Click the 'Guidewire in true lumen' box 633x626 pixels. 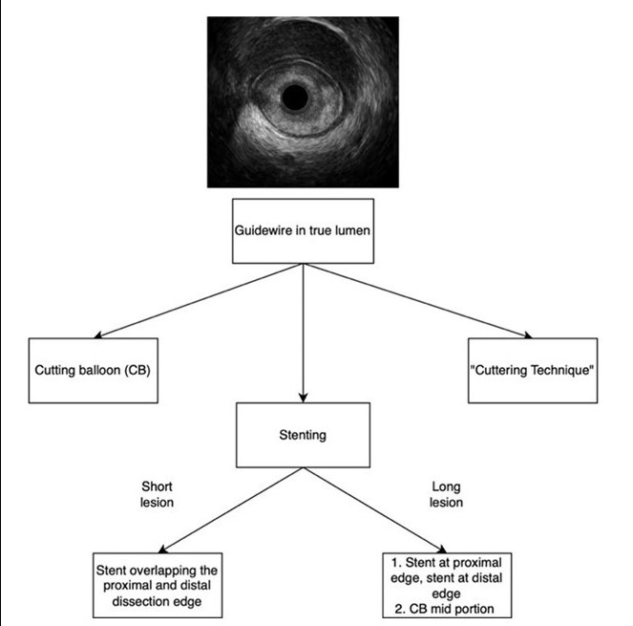tap(303, 230)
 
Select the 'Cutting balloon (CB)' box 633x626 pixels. tap(91, 369)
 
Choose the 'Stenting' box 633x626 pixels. tap(303, 435)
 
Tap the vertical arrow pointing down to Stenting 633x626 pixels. tap(303, 335)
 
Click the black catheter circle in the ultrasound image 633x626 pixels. tap(295, 97)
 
